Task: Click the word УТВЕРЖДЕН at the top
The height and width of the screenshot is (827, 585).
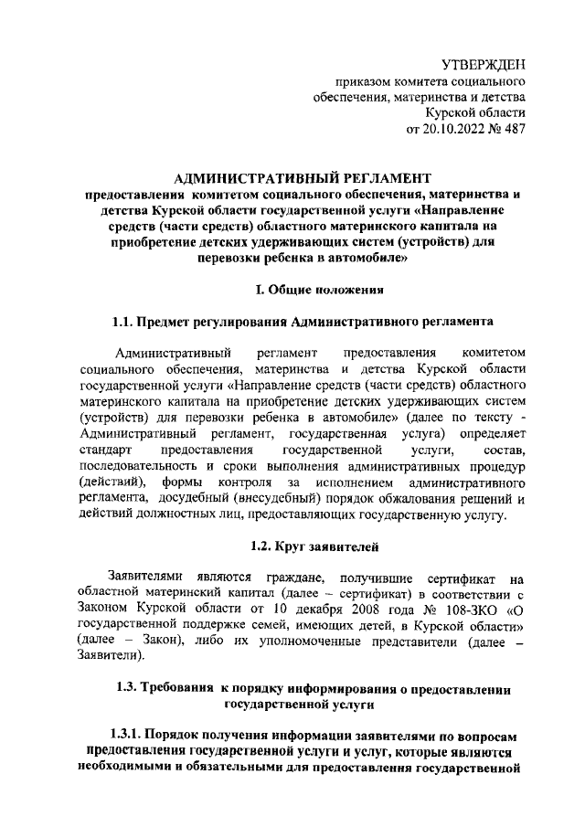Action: (484, 65)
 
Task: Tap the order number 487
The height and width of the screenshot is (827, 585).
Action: (515, 129)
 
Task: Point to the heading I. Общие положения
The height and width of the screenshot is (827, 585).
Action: (317, 290)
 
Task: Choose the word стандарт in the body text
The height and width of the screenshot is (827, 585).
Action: (106, 451)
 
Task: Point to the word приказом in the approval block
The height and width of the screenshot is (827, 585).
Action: (363, 81)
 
